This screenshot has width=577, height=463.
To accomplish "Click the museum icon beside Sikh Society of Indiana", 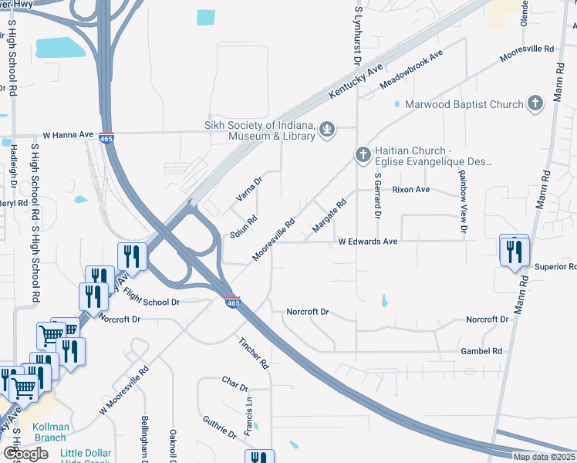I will pyautogui.click(x=327, y=130).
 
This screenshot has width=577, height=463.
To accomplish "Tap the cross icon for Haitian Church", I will pyautogui.click(x=363, y=155).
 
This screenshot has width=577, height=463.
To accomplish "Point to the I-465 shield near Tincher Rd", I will pyautogui.click(x=233, y=302).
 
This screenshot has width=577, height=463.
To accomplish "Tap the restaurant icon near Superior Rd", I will pyautogui.click(x=515, y=252).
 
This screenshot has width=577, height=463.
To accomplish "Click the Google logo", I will pyautogui.click(x=26, y=454).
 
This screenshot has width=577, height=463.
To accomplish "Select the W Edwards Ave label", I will pyautogui.click(x=368, y=242).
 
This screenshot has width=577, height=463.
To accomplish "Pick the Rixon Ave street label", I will pyautogui.click(x=410, y=189).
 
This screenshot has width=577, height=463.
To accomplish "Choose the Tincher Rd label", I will pyautogui.click(x=252, y=352).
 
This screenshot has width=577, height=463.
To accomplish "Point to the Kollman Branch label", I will pyautogui.click(x=49, y=431).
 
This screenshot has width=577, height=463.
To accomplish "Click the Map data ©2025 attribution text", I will pyautogui.click(x=544, y=457).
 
